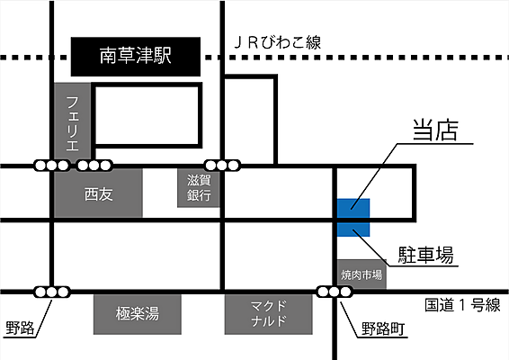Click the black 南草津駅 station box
pos(136,57)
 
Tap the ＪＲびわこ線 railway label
pos(278,43)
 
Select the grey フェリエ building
pos(72,122)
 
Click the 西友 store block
pos(98,193)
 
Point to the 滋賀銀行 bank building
pos(199,188)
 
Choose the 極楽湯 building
pos(138,314)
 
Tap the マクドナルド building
pos(269,314)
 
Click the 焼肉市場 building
pos(362,274)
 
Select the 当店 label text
pos(435,130)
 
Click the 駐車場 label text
pos(426,255)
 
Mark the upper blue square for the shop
pos(353,208)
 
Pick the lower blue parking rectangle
pos(353,229)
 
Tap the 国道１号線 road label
pos(462,305)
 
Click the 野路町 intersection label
pos(383,328)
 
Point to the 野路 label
pos(20,328)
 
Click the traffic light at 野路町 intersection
pos(335,292)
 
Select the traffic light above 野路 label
pos(52,292)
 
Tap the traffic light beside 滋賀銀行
pos(222,166)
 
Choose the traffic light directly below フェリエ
pos(52,166)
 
